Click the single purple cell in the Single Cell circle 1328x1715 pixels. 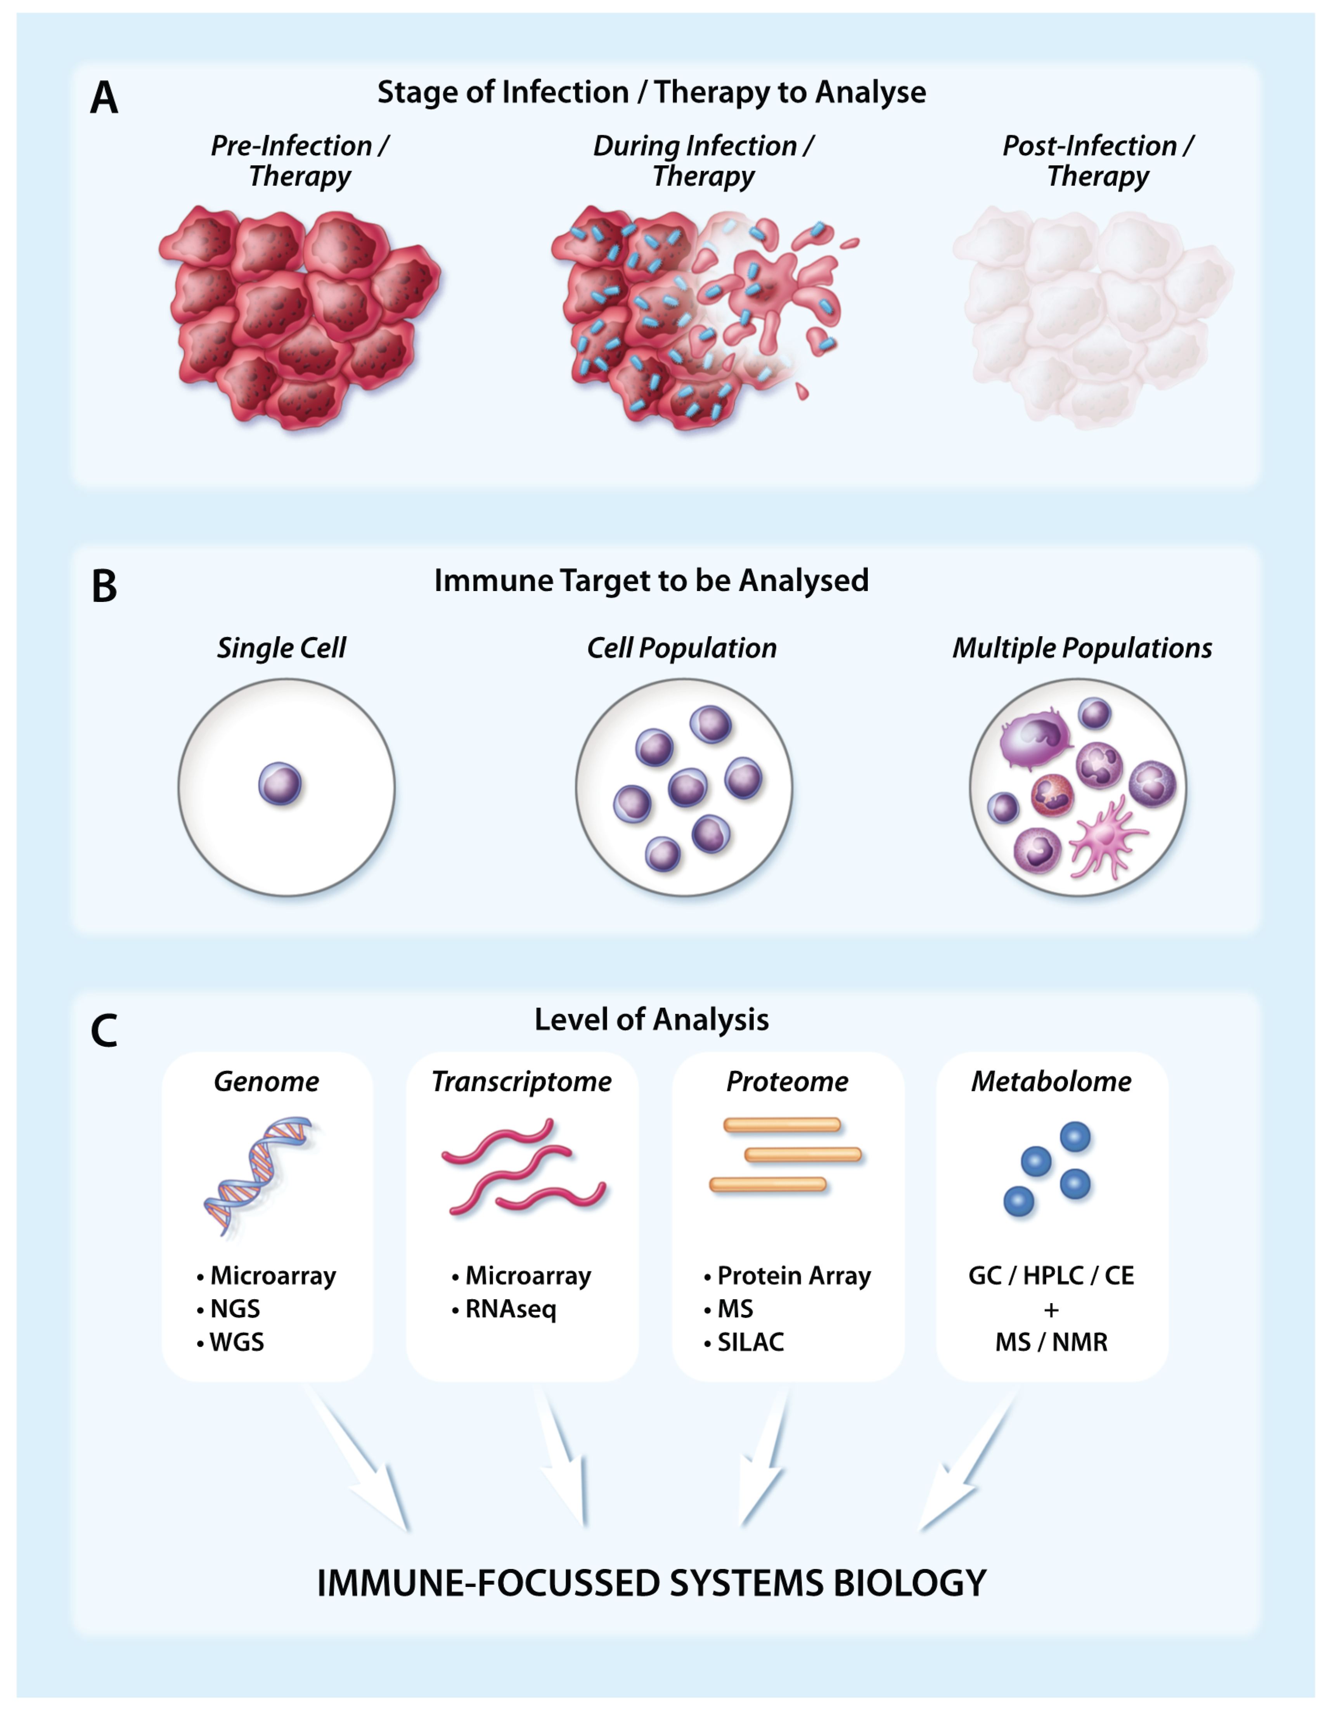[x=280, y=784]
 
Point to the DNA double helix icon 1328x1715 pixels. [x=258, y=1176]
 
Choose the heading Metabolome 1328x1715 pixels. [x=1051, y=1081]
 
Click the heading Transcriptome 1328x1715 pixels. [x=521, y=1081]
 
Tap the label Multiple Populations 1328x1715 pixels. [x=1082, y=648]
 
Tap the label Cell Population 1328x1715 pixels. [x=681, y=648]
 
